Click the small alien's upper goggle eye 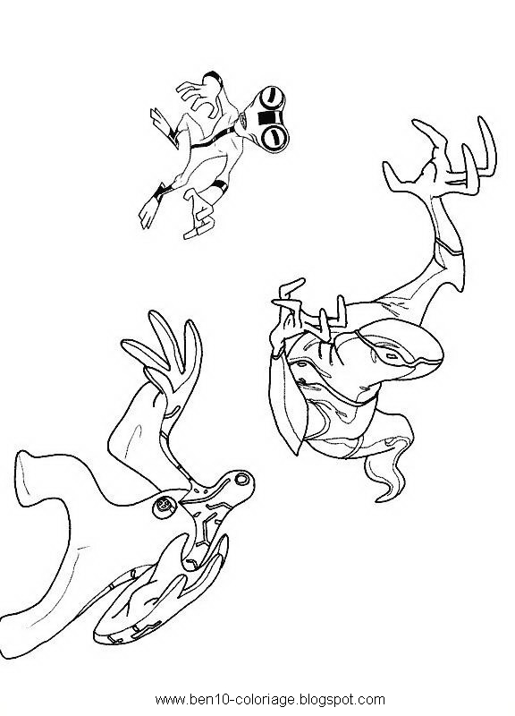tap(273, 98)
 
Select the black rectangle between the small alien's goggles tap(265, 117)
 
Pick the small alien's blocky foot tap(198, 228)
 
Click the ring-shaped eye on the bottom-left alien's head tap(241, 480)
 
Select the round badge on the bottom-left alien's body tap(164, 506)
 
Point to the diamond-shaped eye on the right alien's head tap(392, 355)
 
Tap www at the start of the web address tap(170, 700)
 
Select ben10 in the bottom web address tap(207, 699)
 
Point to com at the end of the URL tap(373, 700)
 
